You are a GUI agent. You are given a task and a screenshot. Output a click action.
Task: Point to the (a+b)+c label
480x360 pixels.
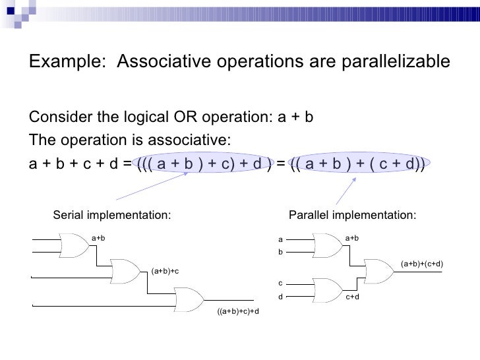point(165,271)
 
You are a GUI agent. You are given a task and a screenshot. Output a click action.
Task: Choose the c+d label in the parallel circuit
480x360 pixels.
point(353,297)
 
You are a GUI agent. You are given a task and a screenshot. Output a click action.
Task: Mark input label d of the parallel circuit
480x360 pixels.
point(280,297)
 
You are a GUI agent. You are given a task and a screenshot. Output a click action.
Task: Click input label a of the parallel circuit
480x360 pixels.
point(280,239)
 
